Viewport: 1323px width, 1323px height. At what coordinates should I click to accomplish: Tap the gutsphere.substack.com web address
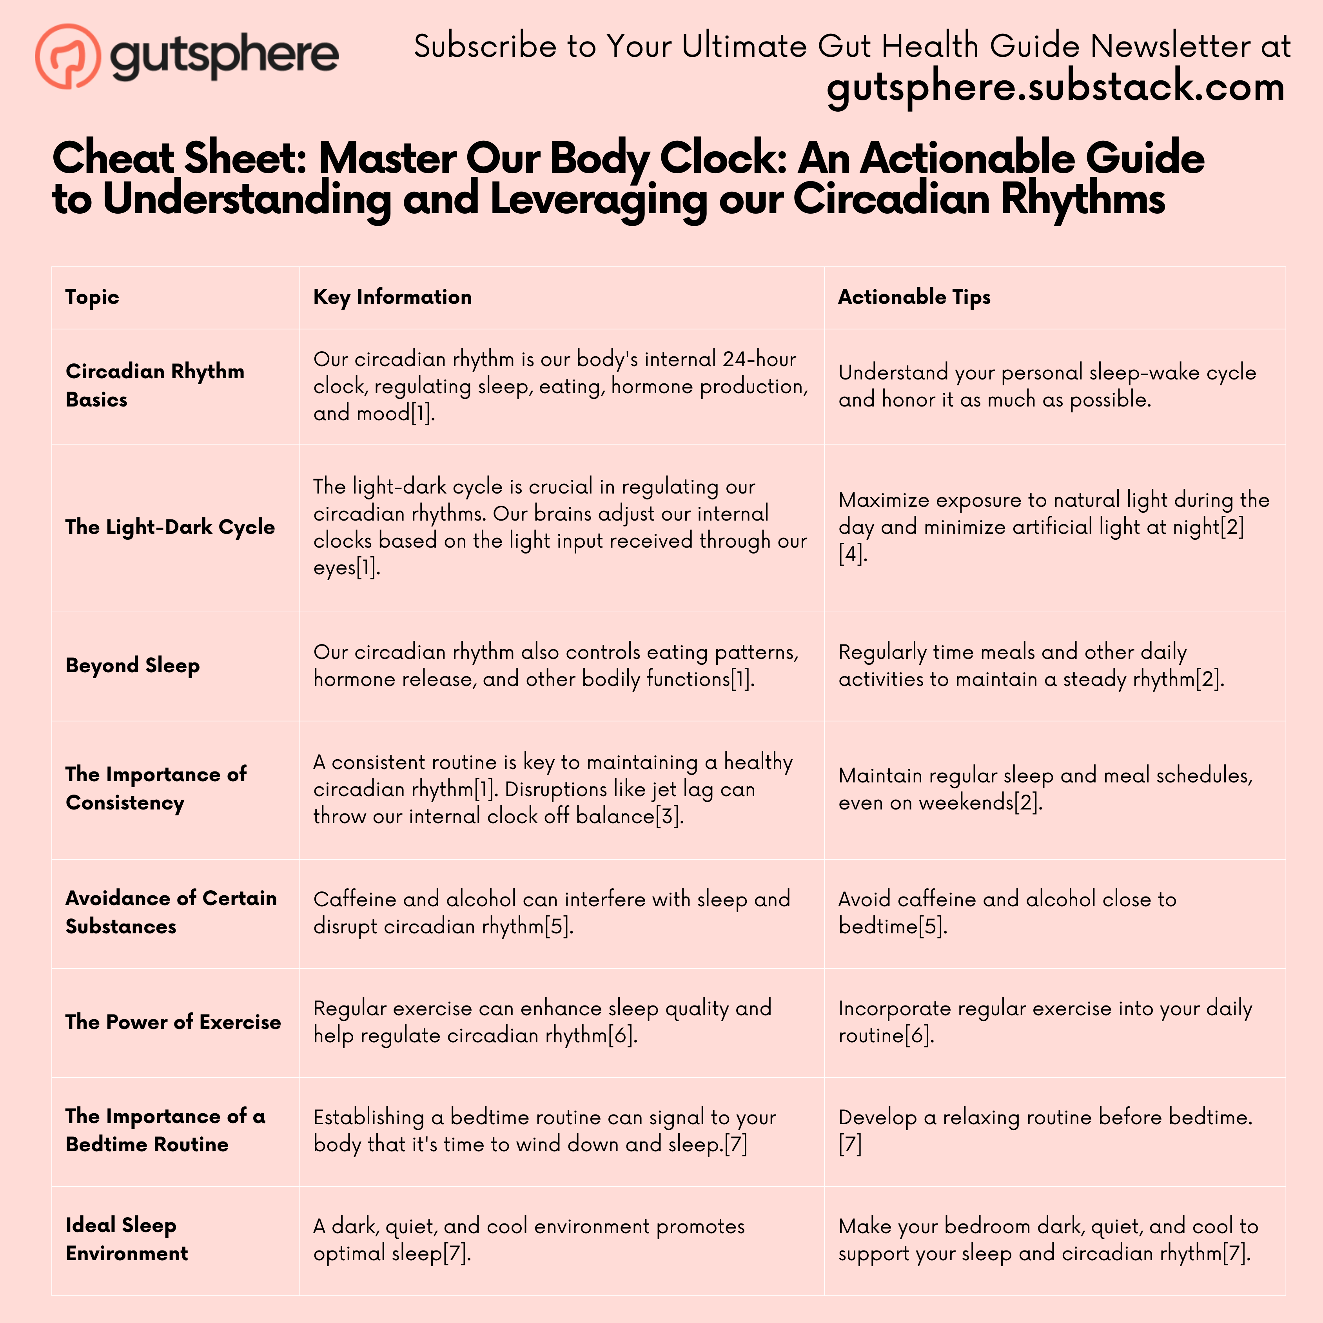(1054, 88)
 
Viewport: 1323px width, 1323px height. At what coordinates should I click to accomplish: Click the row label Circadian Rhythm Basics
(155, 385)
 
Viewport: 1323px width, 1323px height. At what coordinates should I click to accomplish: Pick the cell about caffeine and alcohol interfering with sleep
(551, 912)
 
